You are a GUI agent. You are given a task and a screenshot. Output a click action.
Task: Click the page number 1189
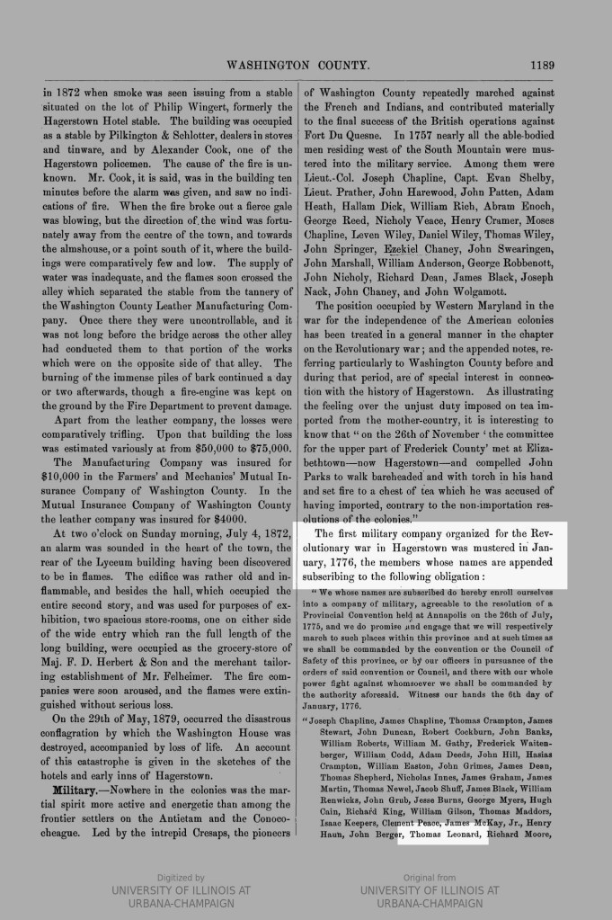pyautogui.click(x=543, y=65)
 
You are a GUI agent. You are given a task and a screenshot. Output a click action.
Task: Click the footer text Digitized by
pyautogui.click(x=181, y=877)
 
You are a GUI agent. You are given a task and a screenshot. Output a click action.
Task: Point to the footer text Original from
pyautogui.click(x=430, y=877)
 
